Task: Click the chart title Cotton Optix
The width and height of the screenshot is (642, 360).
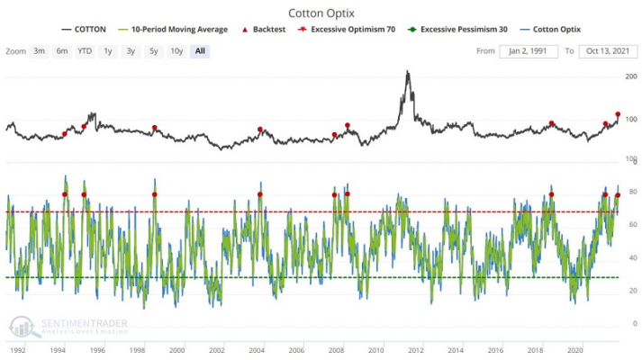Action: point(321,13)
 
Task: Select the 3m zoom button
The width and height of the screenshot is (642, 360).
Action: point(40,51)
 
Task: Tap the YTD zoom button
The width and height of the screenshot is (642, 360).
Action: point(85,51)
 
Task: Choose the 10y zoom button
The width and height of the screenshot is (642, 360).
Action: point(176,51)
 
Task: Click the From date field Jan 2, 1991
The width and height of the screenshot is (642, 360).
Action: point(529,51)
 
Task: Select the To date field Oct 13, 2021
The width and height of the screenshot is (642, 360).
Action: point(608,51)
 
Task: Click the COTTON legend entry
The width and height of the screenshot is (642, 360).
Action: point(84,30)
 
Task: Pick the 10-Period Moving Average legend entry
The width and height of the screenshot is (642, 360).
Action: point(173,30)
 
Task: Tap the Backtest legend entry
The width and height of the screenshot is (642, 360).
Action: point(264,30)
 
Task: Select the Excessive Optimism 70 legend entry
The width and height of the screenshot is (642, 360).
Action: point(347,30)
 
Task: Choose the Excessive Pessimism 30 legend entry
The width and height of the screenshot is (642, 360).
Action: point(457,30)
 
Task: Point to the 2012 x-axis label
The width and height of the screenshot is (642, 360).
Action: point(416,350)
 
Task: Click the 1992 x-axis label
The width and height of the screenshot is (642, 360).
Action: point(18,350)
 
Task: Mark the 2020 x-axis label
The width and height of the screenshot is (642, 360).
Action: point(574,350)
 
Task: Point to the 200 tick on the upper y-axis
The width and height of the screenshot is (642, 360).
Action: point(631,76)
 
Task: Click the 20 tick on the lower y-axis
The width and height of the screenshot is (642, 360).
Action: point(633,291)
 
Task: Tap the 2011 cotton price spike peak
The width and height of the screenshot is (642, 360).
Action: point(407,71)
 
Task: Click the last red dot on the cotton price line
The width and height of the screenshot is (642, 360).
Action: point(618,114)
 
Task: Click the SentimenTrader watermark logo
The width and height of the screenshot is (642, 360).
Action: point(25,327)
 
